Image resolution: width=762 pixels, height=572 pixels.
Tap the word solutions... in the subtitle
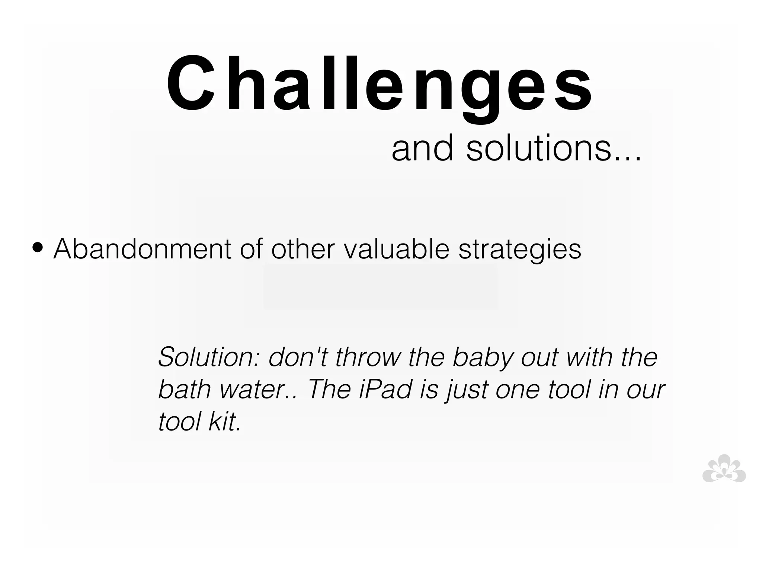tap(553, 148)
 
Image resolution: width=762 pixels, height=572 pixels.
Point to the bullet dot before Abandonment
tap(38, 248)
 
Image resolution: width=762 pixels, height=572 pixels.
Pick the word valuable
tap(396, 249)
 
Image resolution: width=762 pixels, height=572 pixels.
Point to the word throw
tap(368, 357)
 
